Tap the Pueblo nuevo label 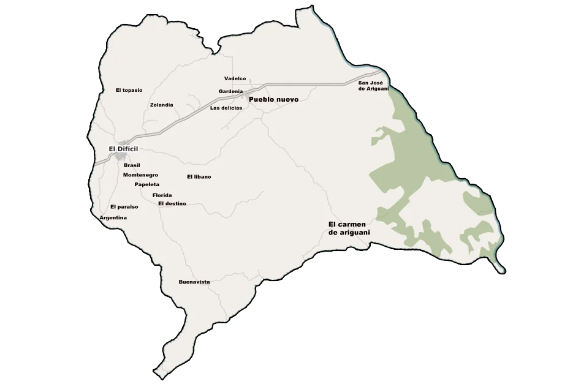[x=273, y=99]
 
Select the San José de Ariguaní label [x=374, y=86]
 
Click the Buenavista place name [x=194, y=282]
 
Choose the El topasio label [x=129, y=90]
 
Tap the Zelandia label [x=162, y=105]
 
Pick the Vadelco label [x=235, y=78]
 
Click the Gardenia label [x=231, y=91]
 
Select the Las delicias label [x=226, y=108]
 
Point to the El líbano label [x=199, y=176]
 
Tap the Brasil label [x=132, y=165]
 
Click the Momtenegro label [x=140, y=175]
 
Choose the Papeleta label [x=147, y=184]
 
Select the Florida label [x=162, y=195]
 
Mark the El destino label [x=172, y=203]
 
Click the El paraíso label [x=124, y=207]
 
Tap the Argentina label [x=113, y=218]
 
